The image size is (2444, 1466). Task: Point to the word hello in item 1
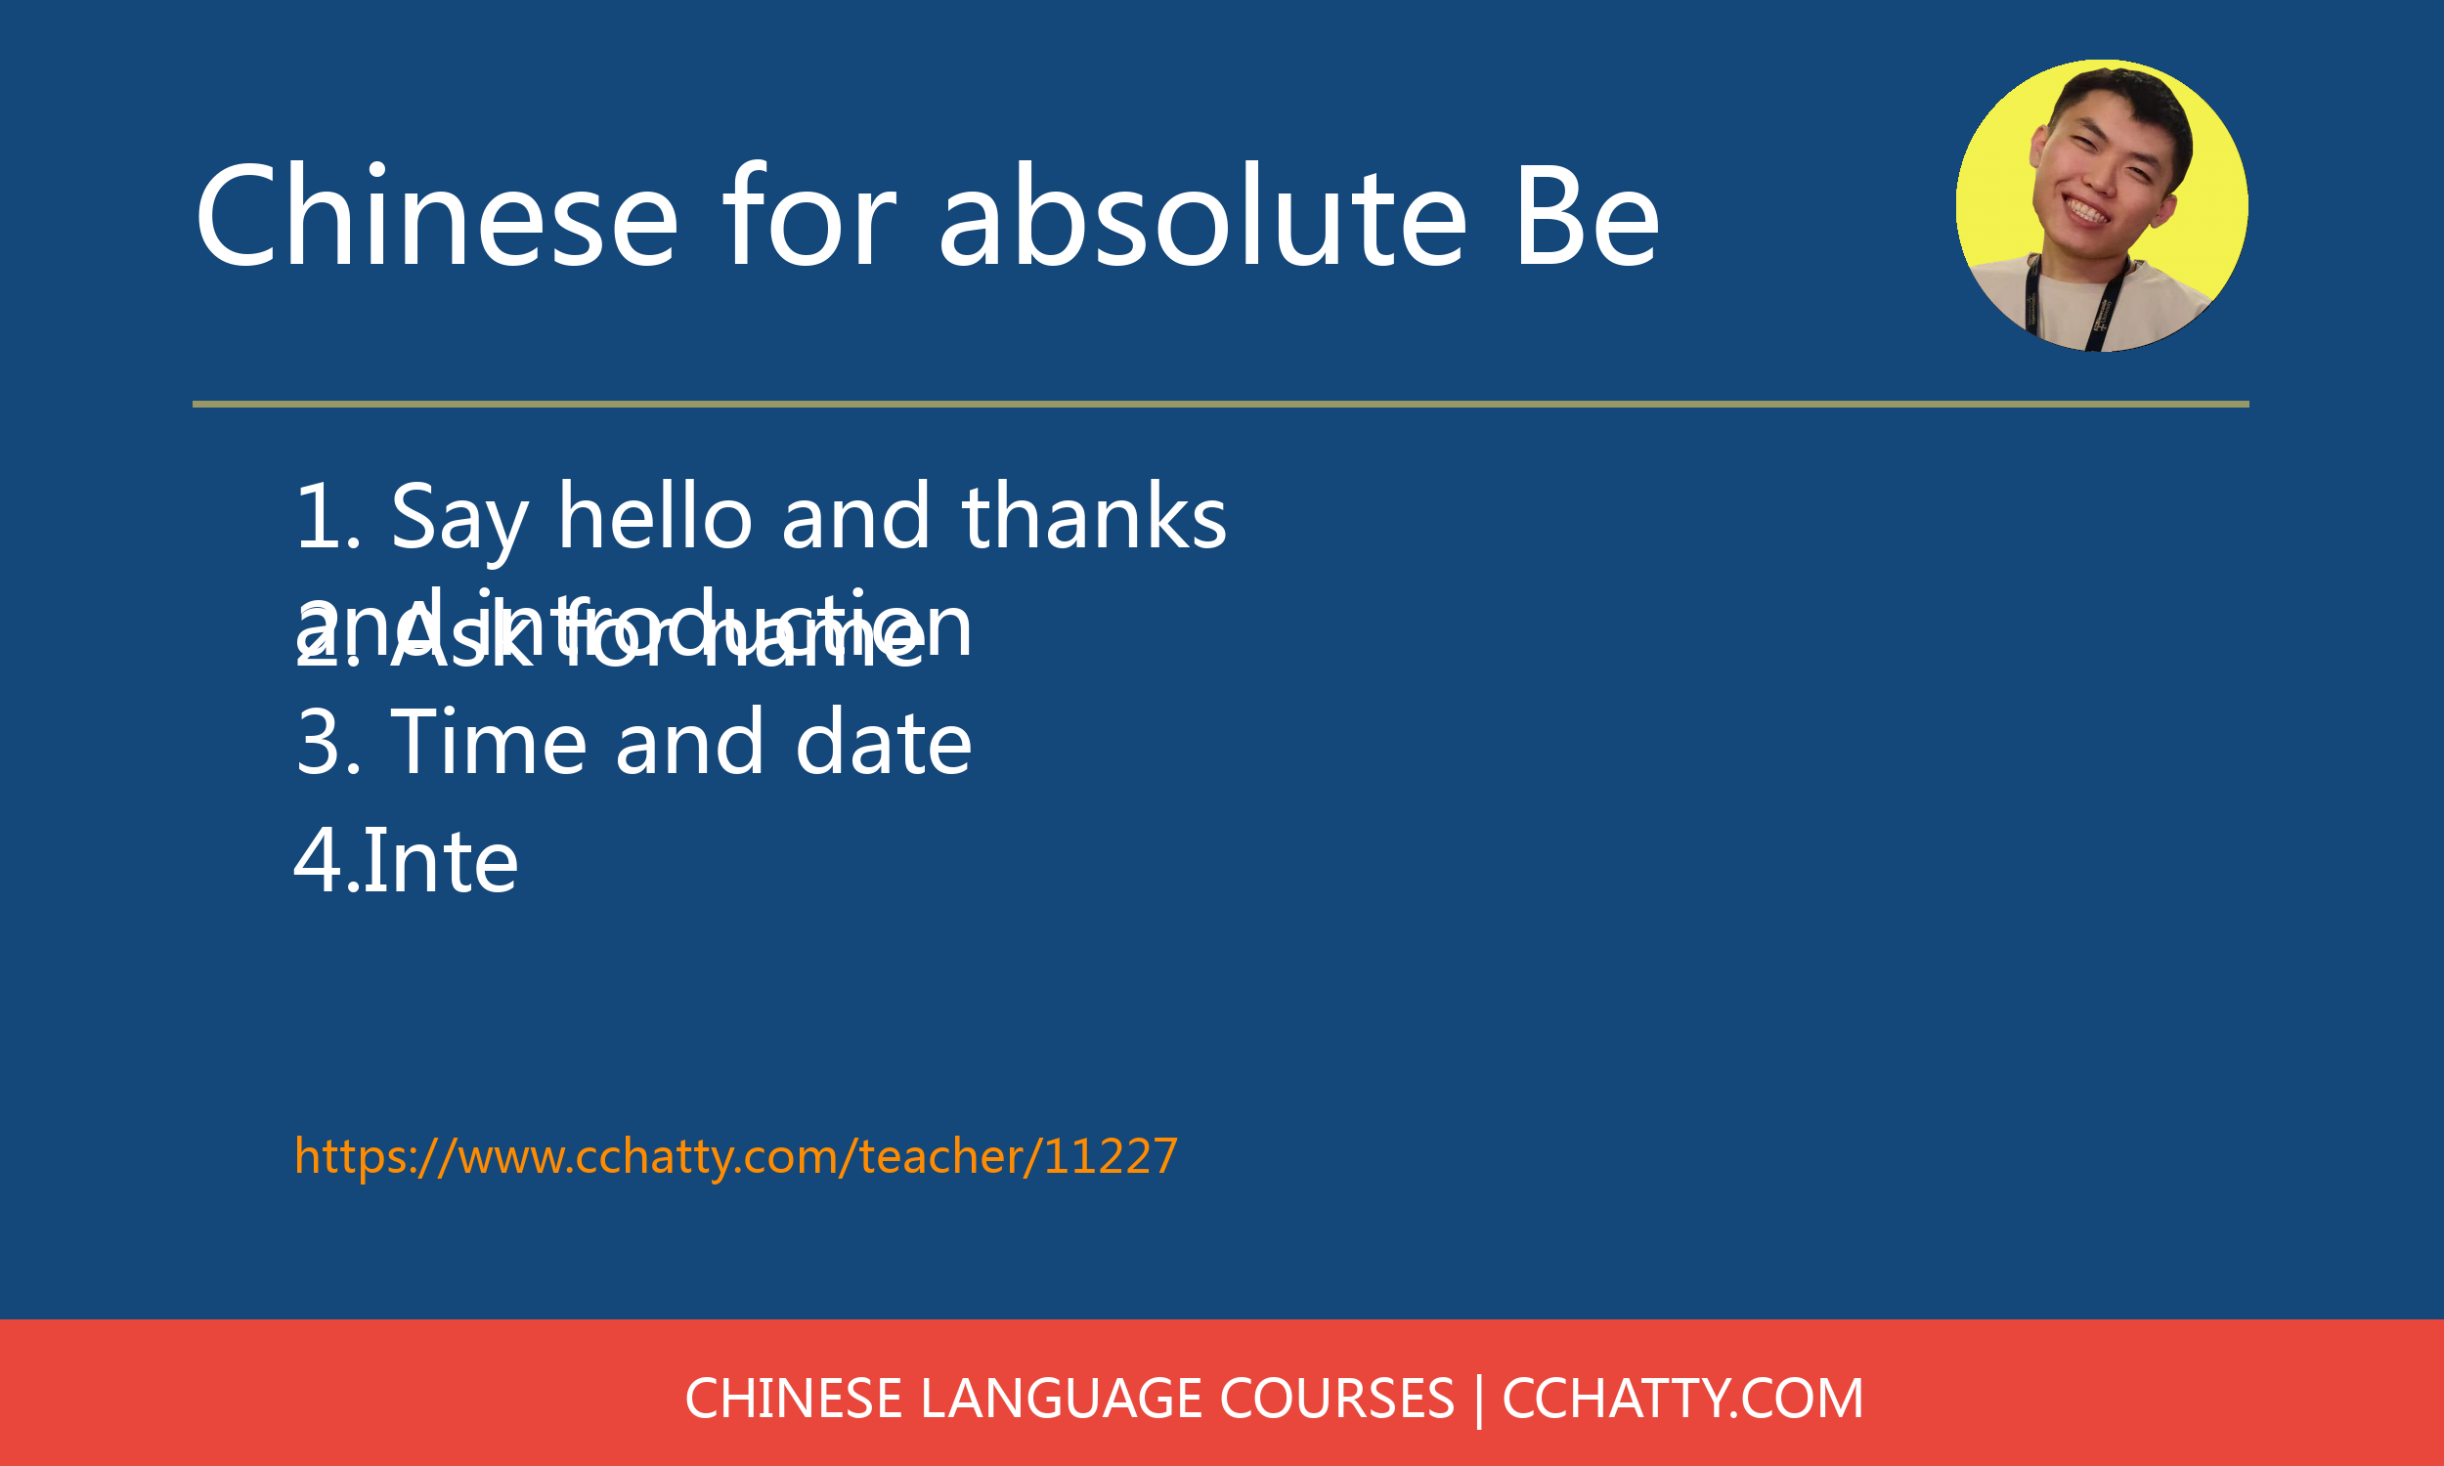[656, 517]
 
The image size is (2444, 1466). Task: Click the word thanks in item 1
[1095, 517]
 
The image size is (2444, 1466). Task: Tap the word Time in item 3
[489, 742]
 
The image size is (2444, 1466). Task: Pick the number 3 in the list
[318, 743]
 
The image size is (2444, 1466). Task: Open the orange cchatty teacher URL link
[735, 1156]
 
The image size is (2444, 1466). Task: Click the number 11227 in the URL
[1111, 1156]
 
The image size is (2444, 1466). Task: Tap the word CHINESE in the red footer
[793, 1399]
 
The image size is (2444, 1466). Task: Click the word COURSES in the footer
[1336, 1399]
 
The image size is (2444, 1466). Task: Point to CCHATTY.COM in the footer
[1682, 1399]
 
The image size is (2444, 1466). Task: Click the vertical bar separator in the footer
[1479, 1399]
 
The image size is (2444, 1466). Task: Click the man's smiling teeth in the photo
[2085, 210]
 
